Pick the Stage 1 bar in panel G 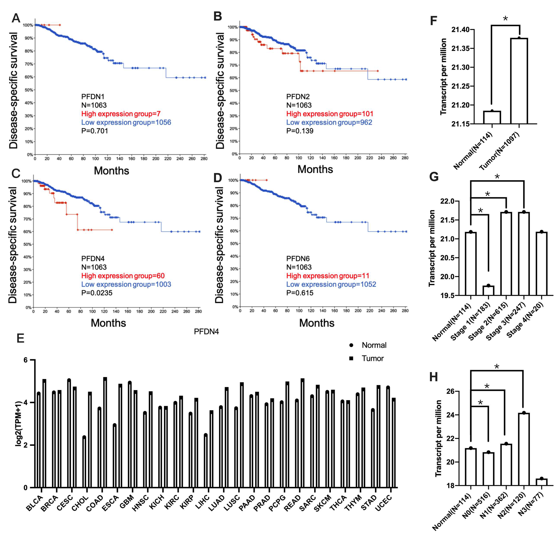pyautogui.click(x=488, y=290)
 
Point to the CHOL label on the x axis pyautogui.click(x=80, y=504)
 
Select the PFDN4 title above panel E pyautogui.click(x=206, y=332)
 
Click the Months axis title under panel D pyautogui.click(x=316, y=323)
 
